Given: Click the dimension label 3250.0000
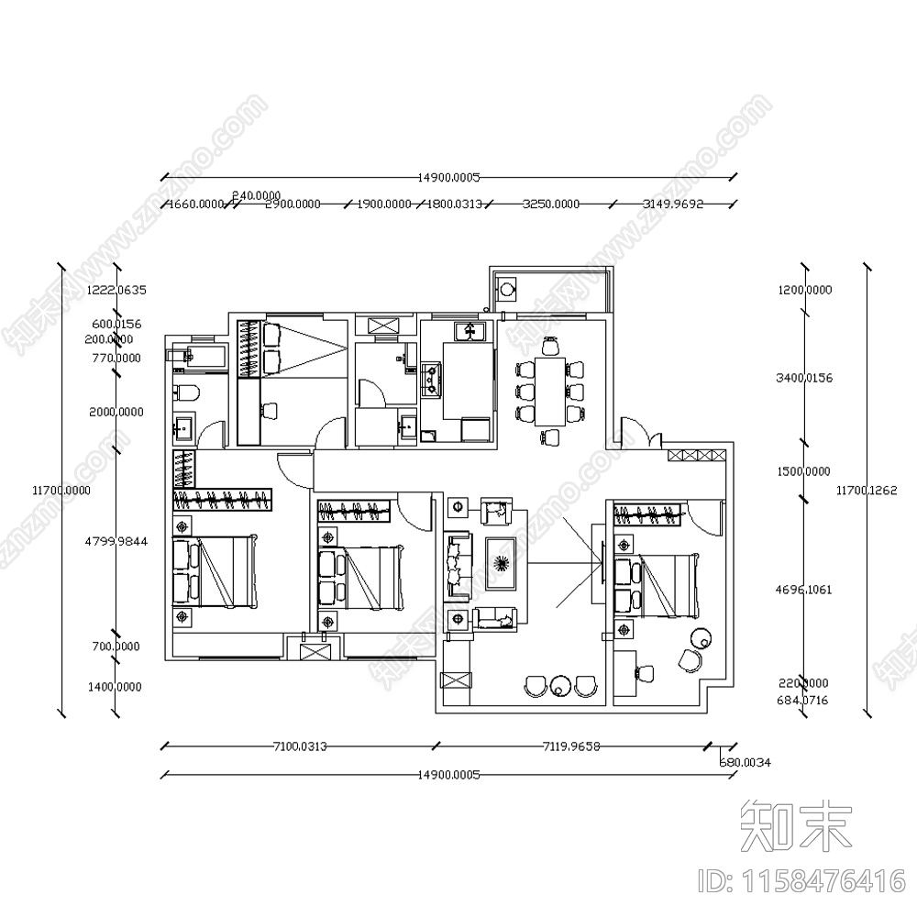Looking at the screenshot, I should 551,204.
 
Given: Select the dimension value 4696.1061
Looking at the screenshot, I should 803,590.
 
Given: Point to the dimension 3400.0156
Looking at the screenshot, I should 803,378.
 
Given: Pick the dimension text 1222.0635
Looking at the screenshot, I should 117,290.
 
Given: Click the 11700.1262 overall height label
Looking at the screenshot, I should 867,491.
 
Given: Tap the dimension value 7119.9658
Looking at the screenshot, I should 570,746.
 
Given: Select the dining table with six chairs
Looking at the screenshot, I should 550,389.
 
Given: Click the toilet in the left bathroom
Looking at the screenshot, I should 183,395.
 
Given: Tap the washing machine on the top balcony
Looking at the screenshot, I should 507,289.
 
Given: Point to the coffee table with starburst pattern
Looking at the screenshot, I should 501,561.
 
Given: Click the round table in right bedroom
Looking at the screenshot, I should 702,636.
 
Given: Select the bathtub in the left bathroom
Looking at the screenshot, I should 199,357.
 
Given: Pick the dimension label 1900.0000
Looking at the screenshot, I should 383,204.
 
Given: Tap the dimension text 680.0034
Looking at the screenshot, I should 745,762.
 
